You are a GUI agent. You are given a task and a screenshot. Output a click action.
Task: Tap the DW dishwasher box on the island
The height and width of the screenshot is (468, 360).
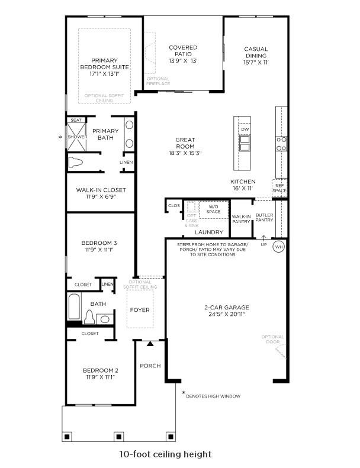pyautogui.click(x=245, y=129)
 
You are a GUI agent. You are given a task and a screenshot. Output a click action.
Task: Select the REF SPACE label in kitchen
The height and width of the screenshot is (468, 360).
pyautogui.click(x=279, y=187)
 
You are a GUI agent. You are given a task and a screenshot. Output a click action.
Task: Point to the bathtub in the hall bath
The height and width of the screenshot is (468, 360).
pyautogui.click(x=74, y=308)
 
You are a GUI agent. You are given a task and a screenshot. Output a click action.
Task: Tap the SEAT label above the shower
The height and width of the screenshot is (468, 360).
pyautogui.click(x=76, y=120)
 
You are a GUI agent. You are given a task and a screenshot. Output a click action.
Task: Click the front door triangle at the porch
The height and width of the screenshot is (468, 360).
pyautogui.click(x=150, y=343)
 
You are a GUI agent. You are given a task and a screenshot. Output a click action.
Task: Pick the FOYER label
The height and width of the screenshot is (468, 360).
pyautogui.click(x=140, y=310)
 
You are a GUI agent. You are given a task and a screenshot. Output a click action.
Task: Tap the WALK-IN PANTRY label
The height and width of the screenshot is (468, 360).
pyautogui.click(x=242, y=220)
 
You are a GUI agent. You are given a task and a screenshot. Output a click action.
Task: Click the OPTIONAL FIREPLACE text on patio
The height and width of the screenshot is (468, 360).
pyautogui.click(x=157, y=81)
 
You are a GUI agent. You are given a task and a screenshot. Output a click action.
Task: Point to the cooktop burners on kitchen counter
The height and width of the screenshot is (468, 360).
pyautogui.click(x=281, y=143)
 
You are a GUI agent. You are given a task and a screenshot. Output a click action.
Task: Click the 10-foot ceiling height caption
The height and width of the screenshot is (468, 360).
pyautogui.click(x=165, y=454)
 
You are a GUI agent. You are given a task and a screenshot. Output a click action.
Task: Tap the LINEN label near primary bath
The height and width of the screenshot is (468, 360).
pyautogui.click(x=126, y=162)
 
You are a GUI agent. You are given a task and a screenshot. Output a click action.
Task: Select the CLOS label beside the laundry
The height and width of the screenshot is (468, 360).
pyautogui.click(x=173, y=206)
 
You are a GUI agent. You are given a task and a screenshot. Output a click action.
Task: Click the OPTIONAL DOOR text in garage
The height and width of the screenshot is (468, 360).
pyautogui.click(x=272, y=340)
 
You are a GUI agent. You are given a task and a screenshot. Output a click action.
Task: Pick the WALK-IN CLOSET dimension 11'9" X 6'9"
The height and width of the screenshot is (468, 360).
pyautogui.click(x=101, y=197)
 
